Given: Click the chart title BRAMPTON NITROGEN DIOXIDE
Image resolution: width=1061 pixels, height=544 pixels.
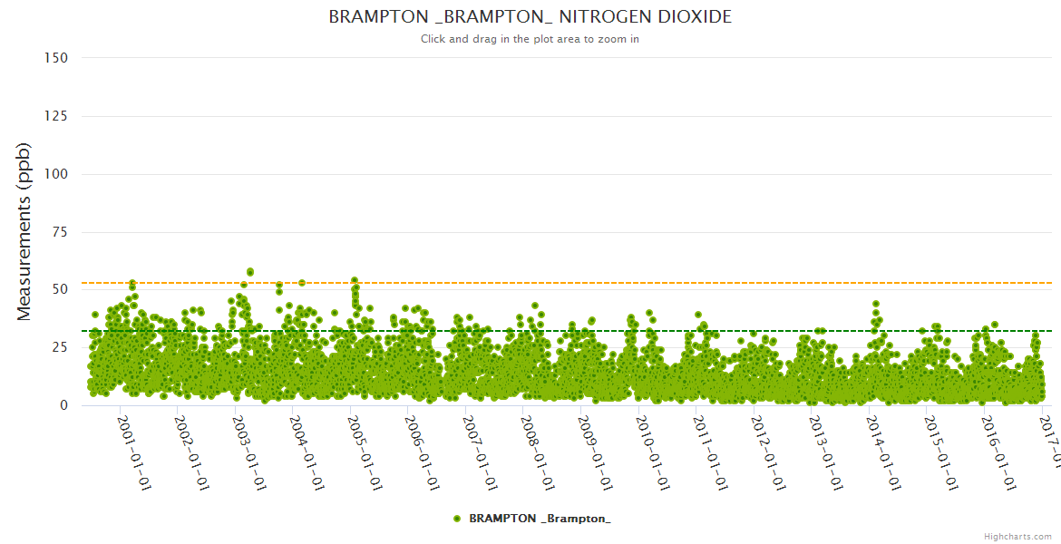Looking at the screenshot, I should pyautogui.click(x=530, y=17).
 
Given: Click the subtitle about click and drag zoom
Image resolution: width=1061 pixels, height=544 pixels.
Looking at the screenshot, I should pyautogui.click(x=530, y=39).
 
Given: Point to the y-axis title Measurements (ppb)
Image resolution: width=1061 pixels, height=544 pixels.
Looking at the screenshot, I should pyautogui.click(x=24, y=231).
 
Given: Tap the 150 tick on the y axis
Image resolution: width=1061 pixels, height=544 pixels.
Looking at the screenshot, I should pyautogui.click(x=55, y=58).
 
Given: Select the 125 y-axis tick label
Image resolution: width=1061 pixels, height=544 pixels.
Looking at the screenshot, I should pyautogui.click(x=55, y=116).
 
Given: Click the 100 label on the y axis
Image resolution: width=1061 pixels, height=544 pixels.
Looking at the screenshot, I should pyautogui.click(x=55, y=174).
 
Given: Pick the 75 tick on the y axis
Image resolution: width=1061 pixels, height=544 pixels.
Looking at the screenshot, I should pyautogui.click(x=59, y=232).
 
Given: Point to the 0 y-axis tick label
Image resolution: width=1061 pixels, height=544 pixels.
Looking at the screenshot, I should pyautogui.click(x=63, y=405).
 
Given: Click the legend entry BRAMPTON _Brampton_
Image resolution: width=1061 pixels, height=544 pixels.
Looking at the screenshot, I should pyautogui.click(x=540, y=519).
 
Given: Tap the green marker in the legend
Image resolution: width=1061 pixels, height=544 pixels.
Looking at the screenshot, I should pyautogui.click(x=457, y=519).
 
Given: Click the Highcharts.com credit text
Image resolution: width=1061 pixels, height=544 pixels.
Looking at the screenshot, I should pyautogui.click(x=1017, y=537).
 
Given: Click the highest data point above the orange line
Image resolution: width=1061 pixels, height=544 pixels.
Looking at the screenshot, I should pyautogui.click(x=250, y=271).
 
